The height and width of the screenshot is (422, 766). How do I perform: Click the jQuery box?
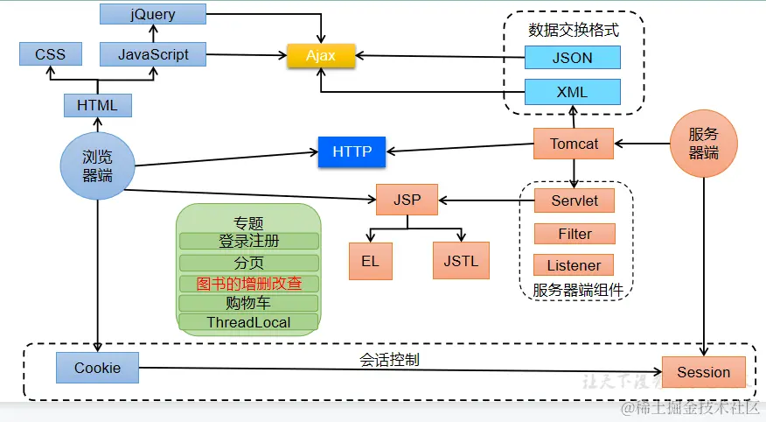[x=152, y=14]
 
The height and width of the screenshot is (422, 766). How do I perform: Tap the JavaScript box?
[x=153, y=54]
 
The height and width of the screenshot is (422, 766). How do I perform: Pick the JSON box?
[x=573, y=58]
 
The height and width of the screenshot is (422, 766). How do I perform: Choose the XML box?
[x=573, y=91]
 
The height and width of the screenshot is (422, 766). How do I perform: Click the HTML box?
[x=97, y=105]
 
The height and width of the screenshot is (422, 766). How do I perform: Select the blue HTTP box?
[x=352, y=151]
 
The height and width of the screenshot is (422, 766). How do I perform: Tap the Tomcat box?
[x=574, y=144]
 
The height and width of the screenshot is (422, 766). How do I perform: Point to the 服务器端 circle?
[x=704, y=143]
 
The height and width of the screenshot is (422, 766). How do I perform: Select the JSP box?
[x=407, y=200]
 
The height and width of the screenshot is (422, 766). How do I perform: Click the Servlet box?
[x=574, y=200]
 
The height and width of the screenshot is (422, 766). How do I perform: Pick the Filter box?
[x=574, y=234]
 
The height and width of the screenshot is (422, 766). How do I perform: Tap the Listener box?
[x=574, y=265]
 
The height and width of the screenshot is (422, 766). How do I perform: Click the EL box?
[x=370, y=261]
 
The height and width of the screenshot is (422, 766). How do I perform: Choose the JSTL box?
[x=461, y=261]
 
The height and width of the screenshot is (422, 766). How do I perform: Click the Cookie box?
[x=98, y=368]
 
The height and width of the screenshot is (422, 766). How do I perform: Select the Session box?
[x=703, y=372]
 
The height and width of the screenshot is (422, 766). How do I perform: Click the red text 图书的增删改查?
[x=248, y=284]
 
